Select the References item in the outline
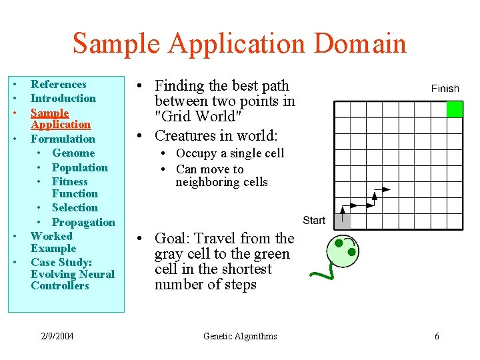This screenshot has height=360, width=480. point(59,85)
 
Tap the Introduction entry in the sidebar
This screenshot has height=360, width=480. point(63,99)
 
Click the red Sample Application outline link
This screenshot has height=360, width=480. point(60,119)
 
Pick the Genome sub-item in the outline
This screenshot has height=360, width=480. point(73,153)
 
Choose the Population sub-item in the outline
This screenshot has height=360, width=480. point(79,167)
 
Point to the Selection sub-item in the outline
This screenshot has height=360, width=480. point(75,208)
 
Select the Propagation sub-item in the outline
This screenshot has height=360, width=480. point(83,222)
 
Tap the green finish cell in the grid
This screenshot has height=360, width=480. point(454,109)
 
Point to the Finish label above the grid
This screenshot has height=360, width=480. point(445,89)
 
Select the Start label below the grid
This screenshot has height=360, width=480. point(314,220)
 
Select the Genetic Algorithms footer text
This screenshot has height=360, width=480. point(240,336)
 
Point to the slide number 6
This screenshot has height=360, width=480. point(437,336)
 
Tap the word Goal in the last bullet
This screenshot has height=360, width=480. point(169,239)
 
